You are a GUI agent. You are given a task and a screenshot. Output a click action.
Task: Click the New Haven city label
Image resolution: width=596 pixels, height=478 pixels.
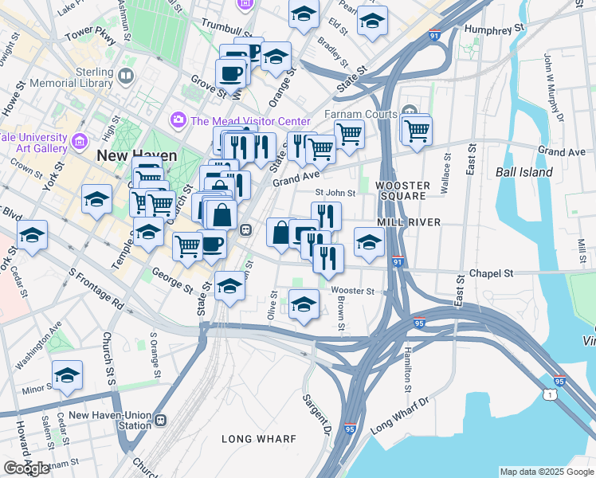(x=131, y=156)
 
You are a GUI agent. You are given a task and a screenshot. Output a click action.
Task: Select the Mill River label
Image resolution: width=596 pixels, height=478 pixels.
(x=408, y=222)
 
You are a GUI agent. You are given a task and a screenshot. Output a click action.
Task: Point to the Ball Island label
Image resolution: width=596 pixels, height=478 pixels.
(x=523, y=172)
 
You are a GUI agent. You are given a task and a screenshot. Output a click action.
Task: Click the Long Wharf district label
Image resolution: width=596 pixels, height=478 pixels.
(x=259, y=439)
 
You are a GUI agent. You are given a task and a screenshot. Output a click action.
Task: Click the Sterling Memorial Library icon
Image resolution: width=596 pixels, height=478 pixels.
(x=125, y=76)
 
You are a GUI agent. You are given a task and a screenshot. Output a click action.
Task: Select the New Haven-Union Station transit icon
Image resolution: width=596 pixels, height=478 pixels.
(x=160, y=420)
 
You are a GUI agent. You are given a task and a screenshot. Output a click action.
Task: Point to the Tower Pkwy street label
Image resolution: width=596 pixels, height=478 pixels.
(x=91, y=35)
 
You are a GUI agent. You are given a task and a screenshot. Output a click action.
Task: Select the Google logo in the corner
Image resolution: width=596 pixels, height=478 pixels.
(x=26, y=468)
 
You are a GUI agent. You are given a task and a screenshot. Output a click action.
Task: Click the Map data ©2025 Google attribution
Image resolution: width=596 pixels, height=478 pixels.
(x=546, y=472)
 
